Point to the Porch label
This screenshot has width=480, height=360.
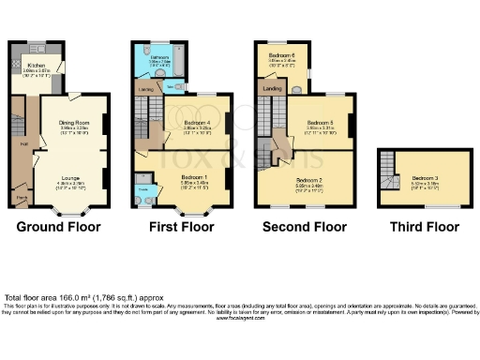pyautogui.click(x=20, y=197)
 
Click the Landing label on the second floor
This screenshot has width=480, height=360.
pyautogui.click(x=273, y=88)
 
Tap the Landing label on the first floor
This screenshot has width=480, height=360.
pyautogui.click(x=146, y=89)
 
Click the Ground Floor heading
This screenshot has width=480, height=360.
pyautogui.click(x=60, y=227)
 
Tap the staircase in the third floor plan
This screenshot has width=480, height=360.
pyautogui.click(x=387, y=177)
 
